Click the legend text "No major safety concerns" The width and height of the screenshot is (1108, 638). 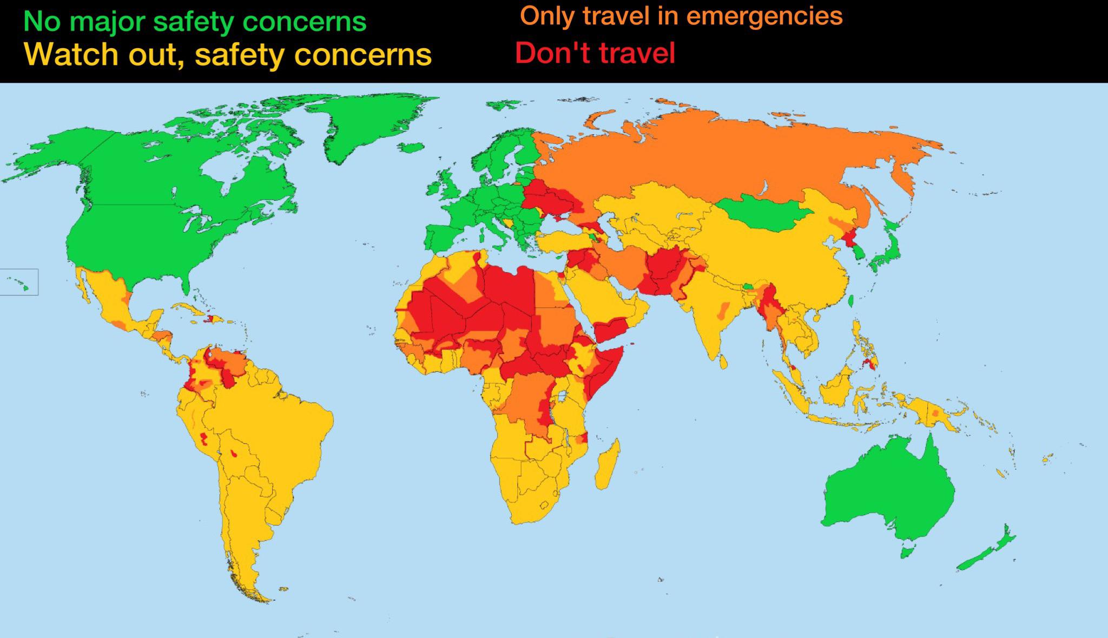(195, 22)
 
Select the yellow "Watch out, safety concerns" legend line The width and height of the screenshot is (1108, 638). (228, 54)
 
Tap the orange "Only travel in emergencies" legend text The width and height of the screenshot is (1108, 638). (681, 16)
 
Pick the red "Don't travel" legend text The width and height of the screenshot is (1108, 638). (595, 53)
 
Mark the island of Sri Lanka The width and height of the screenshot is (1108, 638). (723, 361)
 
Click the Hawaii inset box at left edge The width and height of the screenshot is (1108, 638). (19, 282)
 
